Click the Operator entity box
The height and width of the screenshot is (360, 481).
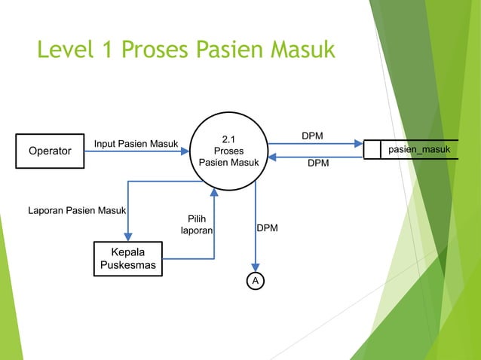(50, 151)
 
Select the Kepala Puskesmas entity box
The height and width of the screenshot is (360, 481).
(127, 258)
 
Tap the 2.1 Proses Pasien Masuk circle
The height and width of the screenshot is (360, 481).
(228, 151)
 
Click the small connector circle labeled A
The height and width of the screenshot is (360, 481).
(256, 280)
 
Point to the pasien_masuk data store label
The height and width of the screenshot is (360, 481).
(419, 150)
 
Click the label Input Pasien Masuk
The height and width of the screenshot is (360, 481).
(136, 144)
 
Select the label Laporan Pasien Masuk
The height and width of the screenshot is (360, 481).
(77, 209)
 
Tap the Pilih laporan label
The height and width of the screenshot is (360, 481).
(197, 224)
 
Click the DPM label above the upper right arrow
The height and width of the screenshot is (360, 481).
(312, 136)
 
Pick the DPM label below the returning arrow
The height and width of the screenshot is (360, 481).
(317, 163)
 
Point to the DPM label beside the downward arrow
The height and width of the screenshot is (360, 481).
(267, 227)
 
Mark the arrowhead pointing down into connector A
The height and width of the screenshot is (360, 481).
(256, 267)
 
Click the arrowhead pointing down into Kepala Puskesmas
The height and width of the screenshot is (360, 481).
(128, 236)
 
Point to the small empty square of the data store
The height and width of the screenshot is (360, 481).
(372, 150)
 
